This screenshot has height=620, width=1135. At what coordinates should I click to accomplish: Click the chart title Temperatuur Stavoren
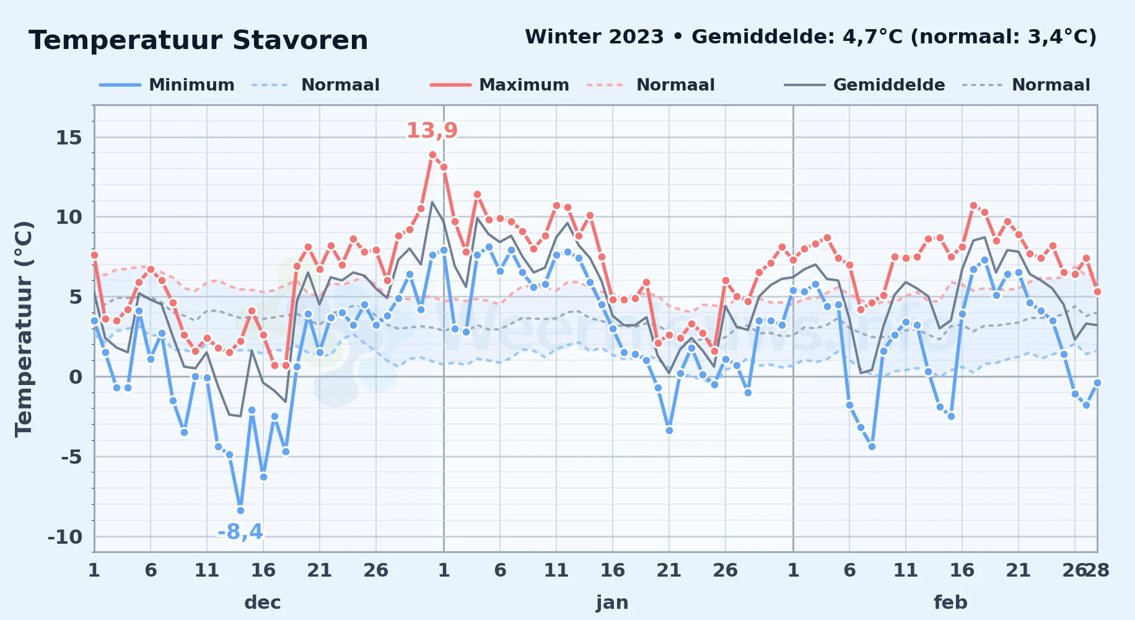(198, 40)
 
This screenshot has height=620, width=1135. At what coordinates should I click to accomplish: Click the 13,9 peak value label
(432, 131)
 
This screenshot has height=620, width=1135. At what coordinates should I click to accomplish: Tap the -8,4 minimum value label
(240, 532)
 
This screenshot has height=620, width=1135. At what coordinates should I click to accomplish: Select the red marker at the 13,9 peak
(432, 154)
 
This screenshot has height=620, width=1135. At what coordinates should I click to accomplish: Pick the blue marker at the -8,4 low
(240, 510)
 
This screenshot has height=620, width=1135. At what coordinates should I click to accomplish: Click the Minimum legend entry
(167, 85)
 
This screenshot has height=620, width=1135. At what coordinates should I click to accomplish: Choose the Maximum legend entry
(499, 85)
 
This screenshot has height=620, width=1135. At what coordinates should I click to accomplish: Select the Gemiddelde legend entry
(864, 85)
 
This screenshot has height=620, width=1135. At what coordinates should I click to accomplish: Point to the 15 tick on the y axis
(69, 138)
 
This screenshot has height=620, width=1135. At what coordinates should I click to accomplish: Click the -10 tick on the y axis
(65, 537)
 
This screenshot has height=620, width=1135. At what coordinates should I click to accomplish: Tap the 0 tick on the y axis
(76, 377)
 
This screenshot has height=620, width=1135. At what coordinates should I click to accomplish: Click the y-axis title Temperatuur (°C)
(24, 329)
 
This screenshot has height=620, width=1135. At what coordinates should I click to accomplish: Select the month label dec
(263, 602)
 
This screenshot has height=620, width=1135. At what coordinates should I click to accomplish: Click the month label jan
(612, 602)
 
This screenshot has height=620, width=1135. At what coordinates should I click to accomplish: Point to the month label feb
(950, 602)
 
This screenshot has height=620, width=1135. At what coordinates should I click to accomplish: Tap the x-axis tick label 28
(1097, 570)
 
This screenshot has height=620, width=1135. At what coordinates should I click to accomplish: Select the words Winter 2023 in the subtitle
(594, 37)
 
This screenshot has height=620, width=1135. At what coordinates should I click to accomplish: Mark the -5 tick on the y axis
(71, 457)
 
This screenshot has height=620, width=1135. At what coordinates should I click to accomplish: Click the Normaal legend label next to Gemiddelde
(1051, 85)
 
